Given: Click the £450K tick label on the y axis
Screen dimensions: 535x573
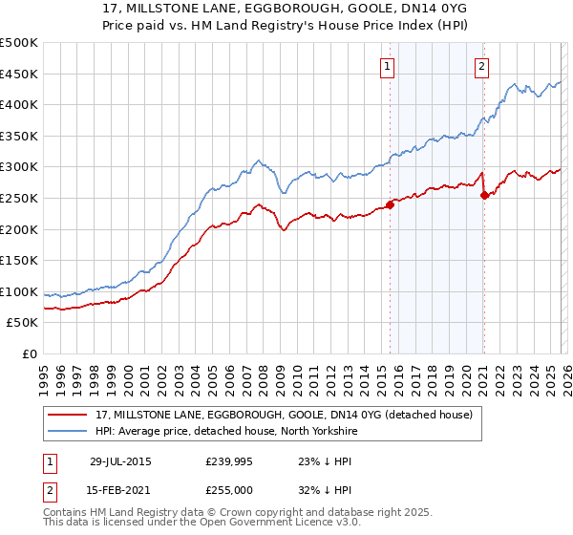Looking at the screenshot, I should [x=19, y=74].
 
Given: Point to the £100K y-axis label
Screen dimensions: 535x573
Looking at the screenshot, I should [x=19, y=291].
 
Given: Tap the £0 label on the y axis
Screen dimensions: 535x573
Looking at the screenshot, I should [x=29, y=354].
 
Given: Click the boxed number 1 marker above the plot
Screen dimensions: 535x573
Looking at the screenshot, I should [x=387, y=66].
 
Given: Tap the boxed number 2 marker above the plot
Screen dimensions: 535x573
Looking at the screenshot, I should [x=481, y=66].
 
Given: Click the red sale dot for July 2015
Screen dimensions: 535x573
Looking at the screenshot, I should [x=390, y=203].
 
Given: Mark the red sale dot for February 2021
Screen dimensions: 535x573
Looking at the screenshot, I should [x=484, y=195].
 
